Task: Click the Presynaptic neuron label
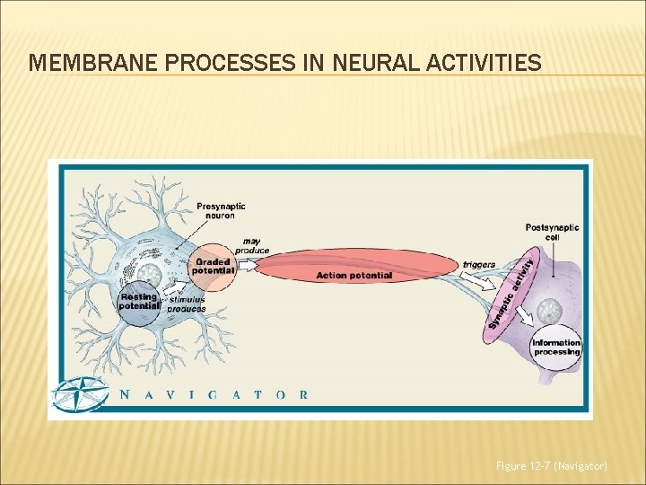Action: pyautogui.click(x=221, y=211)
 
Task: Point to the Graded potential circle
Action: pyautogui.click(x=213, y=267)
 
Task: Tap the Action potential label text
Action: pyautogui.click(x=354, y=275)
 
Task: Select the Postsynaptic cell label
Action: pyautogui.click(x=552, y=232)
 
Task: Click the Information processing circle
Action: pyautogui.click(x=556, y=347)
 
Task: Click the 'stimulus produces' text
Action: pyautogui.click(x=187, y=304)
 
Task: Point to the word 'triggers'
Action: pyautogui.click(x=479, y=265)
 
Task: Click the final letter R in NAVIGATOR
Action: pyautogui.click(x=303, y=394)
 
